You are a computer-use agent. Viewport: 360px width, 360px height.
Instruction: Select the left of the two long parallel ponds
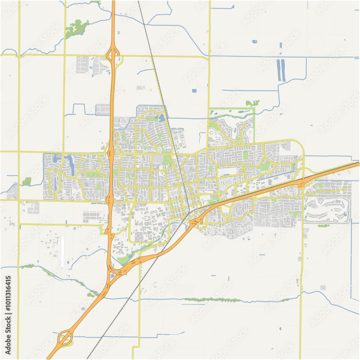[278, 70]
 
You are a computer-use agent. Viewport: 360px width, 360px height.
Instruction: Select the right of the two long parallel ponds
[283, 70]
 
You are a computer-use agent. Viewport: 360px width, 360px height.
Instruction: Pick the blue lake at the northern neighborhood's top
[161, 117]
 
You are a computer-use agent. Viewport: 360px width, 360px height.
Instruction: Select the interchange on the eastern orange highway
[302, 183]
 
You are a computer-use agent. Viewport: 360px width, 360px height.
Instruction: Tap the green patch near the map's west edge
[27, 181]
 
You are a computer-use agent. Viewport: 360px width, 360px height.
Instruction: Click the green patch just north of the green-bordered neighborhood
[252, 103]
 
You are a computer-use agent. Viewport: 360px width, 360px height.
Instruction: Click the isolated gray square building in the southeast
[323, 288]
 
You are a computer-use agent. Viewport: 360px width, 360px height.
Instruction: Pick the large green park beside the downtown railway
[166, 160]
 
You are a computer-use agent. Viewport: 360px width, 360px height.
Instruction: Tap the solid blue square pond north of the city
[194, 90]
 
